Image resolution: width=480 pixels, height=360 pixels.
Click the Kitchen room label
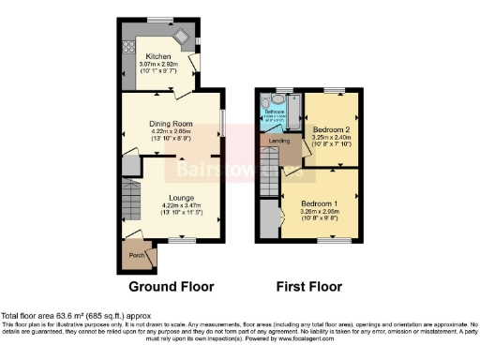[x=157, y=55]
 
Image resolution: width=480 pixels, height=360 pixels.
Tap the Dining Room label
[x=171, y=124]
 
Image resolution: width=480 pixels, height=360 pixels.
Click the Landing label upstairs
[x=278, y=142]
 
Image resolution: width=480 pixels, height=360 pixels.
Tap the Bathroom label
[x=274, y=112]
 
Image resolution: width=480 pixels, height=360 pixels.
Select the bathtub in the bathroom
[x=291, y=113]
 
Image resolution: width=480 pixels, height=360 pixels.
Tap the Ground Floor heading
[x=171, y=286]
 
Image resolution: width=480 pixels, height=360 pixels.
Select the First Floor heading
[x=308, y=286]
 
